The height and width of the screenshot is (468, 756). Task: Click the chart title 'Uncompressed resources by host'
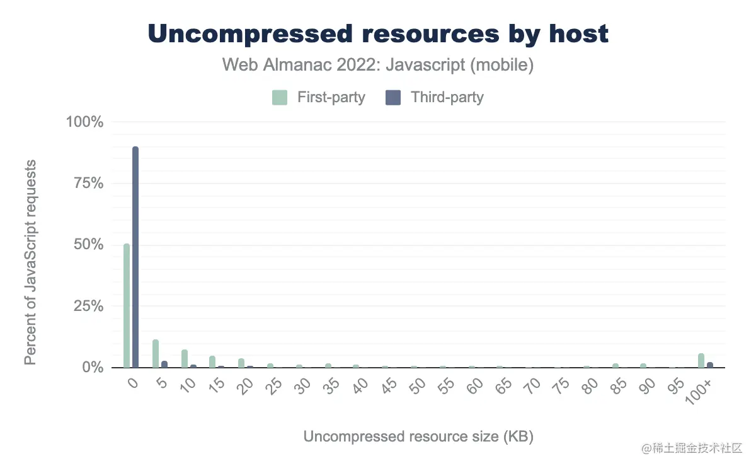378,34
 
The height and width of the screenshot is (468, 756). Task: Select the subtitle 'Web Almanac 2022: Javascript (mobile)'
378,65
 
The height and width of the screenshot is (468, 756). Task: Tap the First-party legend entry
319,98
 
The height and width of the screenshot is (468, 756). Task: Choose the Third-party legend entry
435,98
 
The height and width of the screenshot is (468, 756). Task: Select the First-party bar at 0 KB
127,305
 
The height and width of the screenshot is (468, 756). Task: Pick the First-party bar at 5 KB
156,353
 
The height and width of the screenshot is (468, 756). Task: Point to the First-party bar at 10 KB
185,358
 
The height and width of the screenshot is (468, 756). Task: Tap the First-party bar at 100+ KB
701,360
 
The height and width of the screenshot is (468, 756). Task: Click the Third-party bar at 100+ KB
710,365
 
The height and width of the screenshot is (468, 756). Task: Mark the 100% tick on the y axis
84,122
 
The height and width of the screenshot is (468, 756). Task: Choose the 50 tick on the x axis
414,387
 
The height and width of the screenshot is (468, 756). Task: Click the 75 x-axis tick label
558,387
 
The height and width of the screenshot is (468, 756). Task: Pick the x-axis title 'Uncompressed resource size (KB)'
418,437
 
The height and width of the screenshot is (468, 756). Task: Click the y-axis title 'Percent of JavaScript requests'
30,262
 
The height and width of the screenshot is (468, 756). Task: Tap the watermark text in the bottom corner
692,448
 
